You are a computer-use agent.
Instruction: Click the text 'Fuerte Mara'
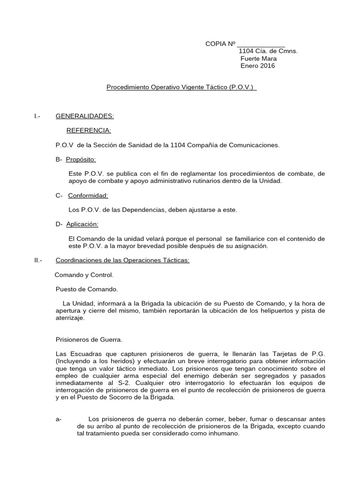point(258,59)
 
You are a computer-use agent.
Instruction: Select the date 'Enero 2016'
point(258,66)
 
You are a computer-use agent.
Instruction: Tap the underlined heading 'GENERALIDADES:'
point(85,116)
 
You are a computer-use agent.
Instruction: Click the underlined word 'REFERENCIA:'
point(89,130)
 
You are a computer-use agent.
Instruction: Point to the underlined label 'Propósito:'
point(81,159)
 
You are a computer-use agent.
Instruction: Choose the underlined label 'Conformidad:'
point(88,195)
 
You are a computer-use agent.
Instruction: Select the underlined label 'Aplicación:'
point(82,225)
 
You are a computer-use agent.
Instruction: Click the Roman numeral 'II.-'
point(38,261)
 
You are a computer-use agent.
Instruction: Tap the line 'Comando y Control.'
point(84,275)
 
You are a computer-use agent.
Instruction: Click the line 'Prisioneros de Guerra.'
point(89,339)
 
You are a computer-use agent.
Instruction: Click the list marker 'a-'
point(59,419)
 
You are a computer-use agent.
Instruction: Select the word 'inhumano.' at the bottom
point(225,434)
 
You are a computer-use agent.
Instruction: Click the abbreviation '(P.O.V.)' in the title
point(243,87)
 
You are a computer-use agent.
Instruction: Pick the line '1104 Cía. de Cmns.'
point(268,51)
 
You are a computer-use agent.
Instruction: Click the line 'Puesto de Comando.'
point(87,290)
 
